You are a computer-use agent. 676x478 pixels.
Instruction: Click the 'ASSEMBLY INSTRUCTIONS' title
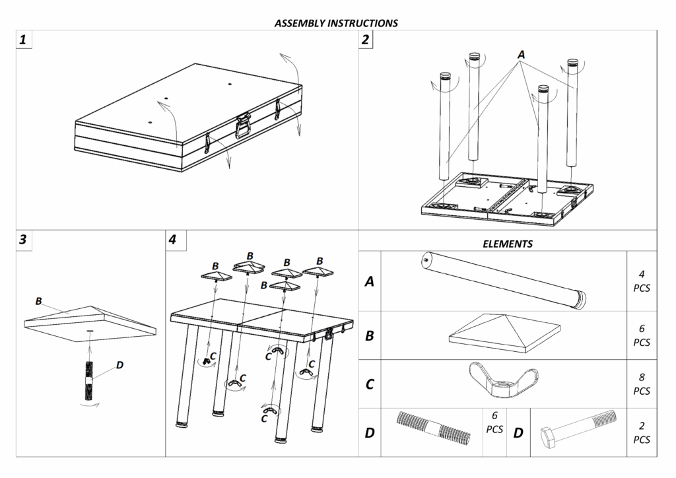pos(336,23)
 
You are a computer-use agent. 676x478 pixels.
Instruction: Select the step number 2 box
pos(366,40)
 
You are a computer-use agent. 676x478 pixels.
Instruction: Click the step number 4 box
pos(173,240)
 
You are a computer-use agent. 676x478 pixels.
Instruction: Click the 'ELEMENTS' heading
pos(508,244)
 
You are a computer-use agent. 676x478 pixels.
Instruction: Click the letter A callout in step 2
pos(522,55)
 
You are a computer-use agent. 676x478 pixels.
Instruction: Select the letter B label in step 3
pos(39,301)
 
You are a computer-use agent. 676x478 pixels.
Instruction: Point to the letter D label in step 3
pos(119,364)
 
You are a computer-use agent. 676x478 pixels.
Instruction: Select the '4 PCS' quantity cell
pos(642,281)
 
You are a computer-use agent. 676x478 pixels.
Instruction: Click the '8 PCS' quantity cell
pos(642,384)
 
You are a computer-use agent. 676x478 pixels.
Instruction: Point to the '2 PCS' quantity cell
pos(642,432)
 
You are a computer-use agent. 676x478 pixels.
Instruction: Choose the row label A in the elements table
pos(370,282)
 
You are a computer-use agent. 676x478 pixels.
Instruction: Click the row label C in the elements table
pos(370,384)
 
